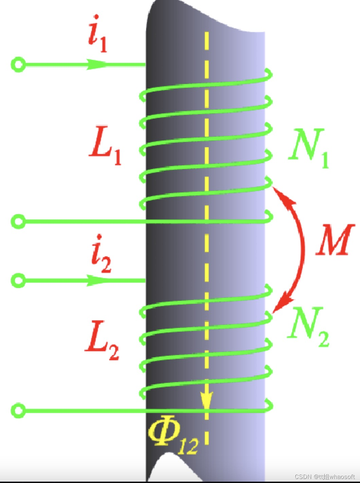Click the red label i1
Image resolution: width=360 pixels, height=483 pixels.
(x=97, y=34)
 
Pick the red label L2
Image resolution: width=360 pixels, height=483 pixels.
(x=102, y=340)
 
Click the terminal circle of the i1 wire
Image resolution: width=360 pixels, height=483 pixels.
(x=18, y=64)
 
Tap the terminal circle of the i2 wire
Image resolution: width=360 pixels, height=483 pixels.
(x=18, y=281)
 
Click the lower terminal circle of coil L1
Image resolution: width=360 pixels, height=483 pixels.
(x=18, y=221)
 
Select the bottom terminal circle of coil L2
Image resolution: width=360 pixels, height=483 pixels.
(x=18, y=410)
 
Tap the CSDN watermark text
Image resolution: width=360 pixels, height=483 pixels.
(x=324, y=477)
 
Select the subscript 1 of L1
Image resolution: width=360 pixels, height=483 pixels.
(x=117, y=157)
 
